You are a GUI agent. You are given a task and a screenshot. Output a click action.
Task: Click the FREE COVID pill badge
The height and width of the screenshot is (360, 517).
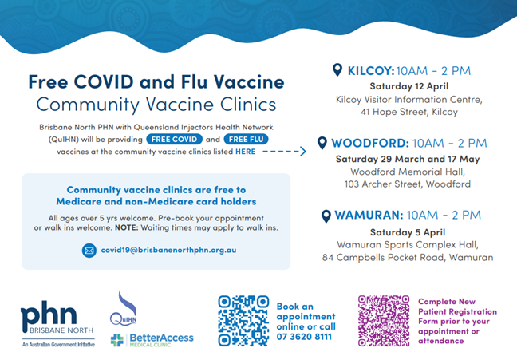point(174,139)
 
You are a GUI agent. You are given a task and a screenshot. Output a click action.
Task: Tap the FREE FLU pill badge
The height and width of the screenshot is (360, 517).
point(246,139)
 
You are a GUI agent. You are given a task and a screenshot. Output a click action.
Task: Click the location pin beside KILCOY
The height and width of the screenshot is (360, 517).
point(337,70)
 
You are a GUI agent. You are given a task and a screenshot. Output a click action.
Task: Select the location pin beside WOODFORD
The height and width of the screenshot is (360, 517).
point(322,143)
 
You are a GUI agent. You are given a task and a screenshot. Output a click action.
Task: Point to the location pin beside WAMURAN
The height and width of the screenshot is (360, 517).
point(326,216)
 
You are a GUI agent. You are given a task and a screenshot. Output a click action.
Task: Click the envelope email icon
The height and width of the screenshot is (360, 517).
point(89,251)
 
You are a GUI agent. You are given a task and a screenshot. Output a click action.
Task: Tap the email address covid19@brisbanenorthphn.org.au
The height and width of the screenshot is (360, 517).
point(168,250)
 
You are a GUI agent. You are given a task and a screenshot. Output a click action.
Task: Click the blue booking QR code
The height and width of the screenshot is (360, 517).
point(243,321)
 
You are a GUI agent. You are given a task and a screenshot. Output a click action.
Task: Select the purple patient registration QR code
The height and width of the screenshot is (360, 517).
point(384,321)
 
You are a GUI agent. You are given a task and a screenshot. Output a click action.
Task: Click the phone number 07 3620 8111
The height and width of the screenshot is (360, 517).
point(304,337)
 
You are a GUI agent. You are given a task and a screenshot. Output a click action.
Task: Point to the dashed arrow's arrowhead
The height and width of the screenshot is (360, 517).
point(302,152)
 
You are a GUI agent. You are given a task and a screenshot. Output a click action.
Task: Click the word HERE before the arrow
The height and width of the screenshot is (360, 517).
point(245,152)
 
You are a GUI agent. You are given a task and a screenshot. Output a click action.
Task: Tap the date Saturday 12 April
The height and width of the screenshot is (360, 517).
point(408,86)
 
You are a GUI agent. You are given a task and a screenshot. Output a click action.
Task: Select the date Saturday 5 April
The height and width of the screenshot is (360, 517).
point(408,232)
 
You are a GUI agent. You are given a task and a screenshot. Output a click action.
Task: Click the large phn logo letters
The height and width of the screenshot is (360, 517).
point(49,316)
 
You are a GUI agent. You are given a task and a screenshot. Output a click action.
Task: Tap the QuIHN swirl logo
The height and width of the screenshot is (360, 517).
point(124,308)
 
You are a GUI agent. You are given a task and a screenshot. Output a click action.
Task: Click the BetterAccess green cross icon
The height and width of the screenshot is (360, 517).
point(117,340)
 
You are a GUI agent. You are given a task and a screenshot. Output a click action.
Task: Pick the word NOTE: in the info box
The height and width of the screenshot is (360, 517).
point(127,227)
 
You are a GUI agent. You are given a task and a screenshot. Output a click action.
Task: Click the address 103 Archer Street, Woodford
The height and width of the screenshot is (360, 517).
point(408,184)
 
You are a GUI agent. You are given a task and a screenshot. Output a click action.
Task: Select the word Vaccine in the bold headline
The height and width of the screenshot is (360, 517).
point(249,81)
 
